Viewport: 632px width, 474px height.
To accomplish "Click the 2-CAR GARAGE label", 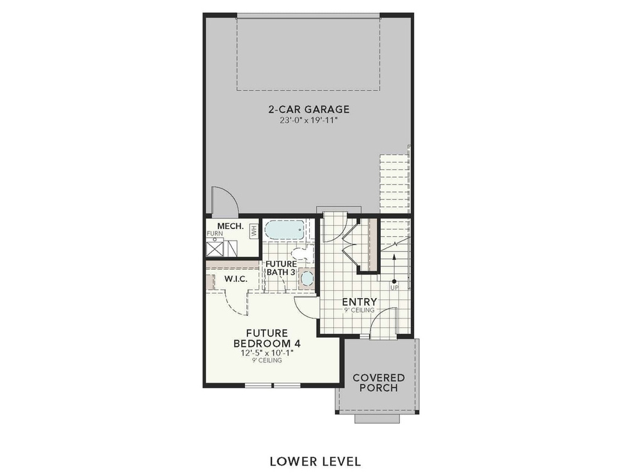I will [x=309, y=110].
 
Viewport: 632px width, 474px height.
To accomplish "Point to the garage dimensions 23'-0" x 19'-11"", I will [x=309, y=121].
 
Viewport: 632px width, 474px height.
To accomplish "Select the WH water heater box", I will [x=253, y=231].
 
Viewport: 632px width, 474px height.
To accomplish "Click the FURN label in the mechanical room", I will [x=214, y=234].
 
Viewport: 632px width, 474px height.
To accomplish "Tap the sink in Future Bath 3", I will [x=307, y=278].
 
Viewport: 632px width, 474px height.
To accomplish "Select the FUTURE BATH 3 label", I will [x=281, y=268].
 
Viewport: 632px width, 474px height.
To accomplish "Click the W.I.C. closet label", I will [x=235, y=279].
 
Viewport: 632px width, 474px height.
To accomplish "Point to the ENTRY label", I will [x=359, y=302].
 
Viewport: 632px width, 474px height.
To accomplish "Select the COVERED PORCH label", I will [x=378, y=383].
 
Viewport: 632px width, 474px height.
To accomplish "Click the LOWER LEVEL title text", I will [x=315, y=461].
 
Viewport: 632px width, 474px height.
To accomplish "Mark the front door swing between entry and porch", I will [x=385, y=322].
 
